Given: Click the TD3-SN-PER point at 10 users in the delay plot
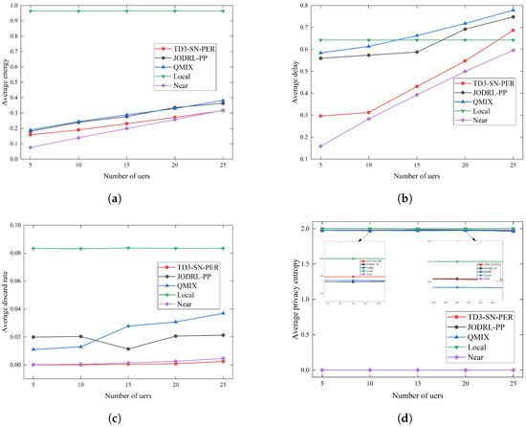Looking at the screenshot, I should pyautogui.click(x=369, y=112).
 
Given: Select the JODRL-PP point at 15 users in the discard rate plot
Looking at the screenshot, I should pyautogui.click(x=128, y=348).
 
